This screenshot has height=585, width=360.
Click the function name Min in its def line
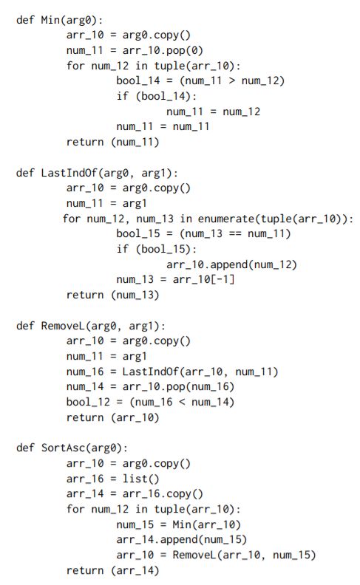click(50, 19)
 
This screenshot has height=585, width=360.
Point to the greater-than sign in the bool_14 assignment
click(231, 81)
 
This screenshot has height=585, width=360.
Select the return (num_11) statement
click(113, 142)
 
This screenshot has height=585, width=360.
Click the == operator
click(234, 234)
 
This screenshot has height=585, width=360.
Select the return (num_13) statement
click(113, 295)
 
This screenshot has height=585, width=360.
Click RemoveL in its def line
click(63, 326)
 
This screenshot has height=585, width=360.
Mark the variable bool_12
click(88, 402)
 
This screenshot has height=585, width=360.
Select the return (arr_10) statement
click(113, 417)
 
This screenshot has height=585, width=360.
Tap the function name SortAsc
click(63, 448)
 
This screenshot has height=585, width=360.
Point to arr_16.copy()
click(163, 494)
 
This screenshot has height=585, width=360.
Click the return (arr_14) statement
click(113, 570)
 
